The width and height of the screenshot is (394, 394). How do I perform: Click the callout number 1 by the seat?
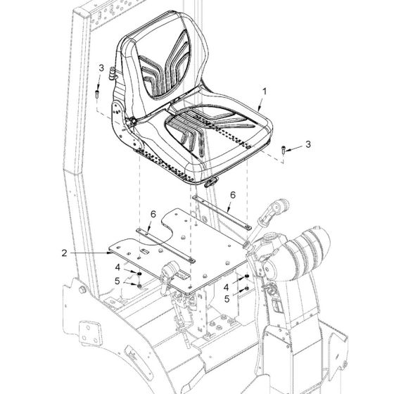[x=265, y=91]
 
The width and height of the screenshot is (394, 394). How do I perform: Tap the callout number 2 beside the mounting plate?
[x=64, y=253]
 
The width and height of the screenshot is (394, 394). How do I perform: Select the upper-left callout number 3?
[x=101, y=68]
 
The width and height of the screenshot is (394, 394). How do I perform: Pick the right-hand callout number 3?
[x=308, y=144]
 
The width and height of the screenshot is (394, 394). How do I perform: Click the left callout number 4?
[x=118, y=267]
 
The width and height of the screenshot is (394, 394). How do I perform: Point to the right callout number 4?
[x=226, y=287]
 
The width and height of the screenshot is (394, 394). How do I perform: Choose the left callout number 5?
[x=117, y=281]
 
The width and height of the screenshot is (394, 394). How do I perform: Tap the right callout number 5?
[x=227, y=299]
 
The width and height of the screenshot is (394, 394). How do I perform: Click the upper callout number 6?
[x=233, y=195]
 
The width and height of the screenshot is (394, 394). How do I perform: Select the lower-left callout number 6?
[x=153, y=214]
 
